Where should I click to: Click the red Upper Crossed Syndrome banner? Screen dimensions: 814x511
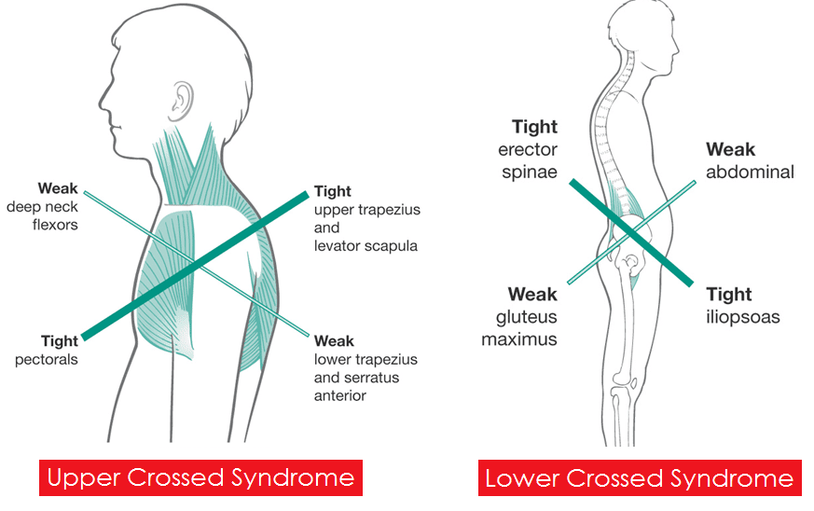tap(200, 477)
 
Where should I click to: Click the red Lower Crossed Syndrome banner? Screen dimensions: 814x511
tap(640, 477)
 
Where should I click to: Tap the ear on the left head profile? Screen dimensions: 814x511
tap(182, 101)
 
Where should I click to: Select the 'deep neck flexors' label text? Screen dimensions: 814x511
tap(43, 215)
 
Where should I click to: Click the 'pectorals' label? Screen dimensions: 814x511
tap(47, 359)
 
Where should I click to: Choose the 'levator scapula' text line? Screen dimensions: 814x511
tap(366, 245)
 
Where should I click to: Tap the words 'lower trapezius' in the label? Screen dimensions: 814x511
tap(366, 359)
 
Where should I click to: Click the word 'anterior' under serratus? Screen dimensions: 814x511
tap(340, 395)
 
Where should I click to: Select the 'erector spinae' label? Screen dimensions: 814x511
tap(528, 160)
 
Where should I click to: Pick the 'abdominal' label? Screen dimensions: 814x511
tap(750, 172)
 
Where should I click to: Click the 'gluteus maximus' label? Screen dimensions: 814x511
tap(519, 327)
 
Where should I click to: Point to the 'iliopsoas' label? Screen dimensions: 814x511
tap(743, 317)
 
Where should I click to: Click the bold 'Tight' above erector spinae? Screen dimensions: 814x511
tap(534, 127)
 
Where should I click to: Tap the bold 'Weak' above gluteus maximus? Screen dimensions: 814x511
tap(532, 295)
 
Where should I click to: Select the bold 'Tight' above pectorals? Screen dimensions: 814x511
tap(60, 341)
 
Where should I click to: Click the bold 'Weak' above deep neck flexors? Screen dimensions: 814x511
tap(58, 188)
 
